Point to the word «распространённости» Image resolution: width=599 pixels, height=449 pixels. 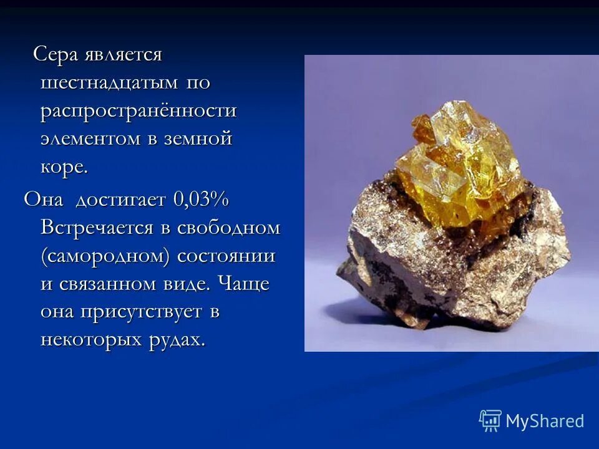pyautogui.click(x=139, y=111)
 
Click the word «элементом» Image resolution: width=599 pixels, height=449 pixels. pyautogui.click(x=91, y=138)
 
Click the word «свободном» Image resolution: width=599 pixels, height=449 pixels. pyautogui.click(x=228, y=228)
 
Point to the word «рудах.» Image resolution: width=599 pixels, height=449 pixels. pyautogui.click(x=178, y=340)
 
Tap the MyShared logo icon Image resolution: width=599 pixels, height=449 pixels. pyautogui.click(x=490, y=421)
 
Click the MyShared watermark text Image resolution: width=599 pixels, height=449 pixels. pyautogui.click(x=545, y=421)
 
